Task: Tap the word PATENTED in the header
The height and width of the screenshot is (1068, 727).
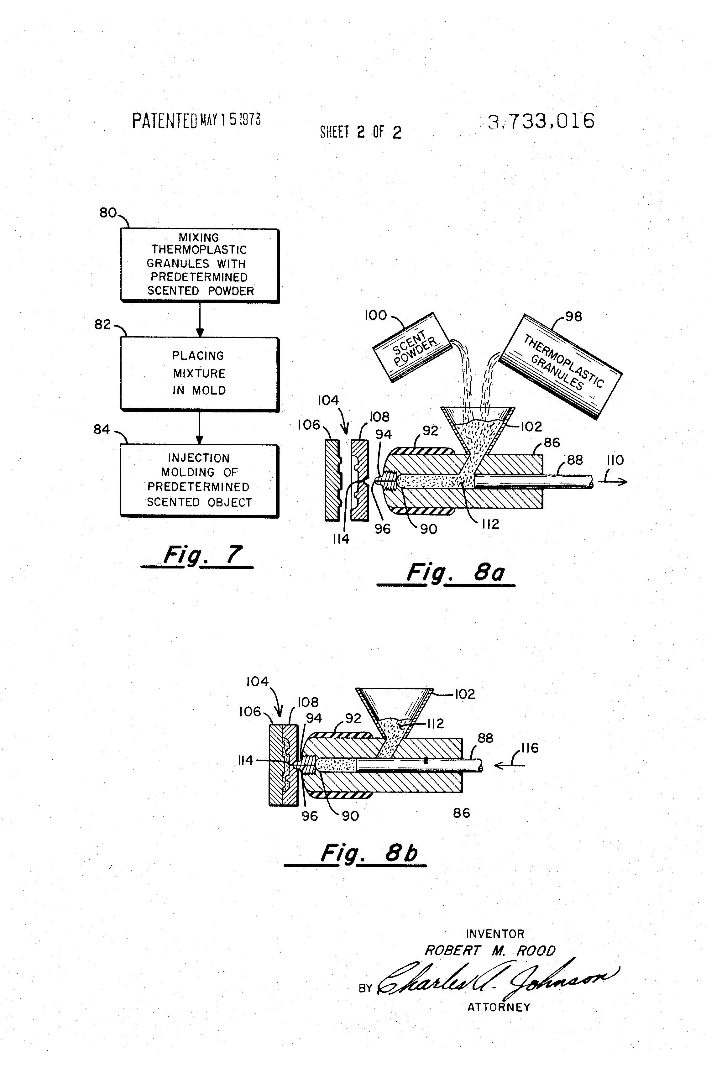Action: point(164,121)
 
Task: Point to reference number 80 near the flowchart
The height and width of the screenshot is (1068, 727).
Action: point(108,213)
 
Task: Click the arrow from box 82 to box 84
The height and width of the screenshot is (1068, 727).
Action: point(199,427)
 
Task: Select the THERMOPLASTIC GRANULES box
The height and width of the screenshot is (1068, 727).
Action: point(561,366)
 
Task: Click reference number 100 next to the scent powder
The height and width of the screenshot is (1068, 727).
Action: point(375,315)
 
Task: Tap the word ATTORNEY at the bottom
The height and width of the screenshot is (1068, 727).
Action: point(499,1007)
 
